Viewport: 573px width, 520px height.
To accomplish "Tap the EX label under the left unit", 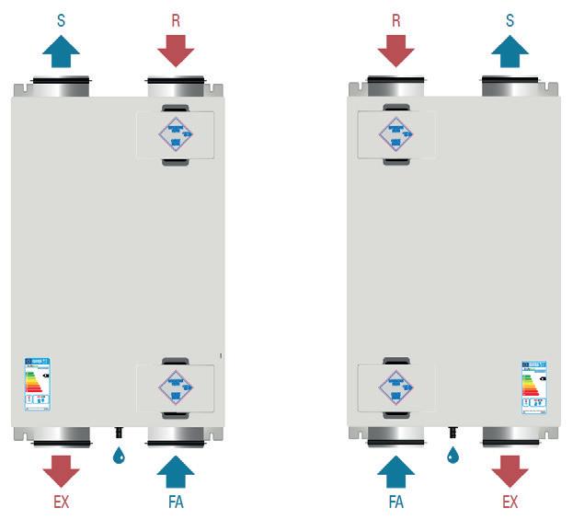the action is [61, 503].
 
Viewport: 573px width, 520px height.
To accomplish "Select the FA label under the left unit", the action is [176, 503].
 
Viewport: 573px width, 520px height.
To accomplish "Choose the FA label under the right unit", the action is [396, 503].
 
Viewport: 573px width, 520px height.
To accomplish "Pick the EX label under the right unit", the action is [510, 503].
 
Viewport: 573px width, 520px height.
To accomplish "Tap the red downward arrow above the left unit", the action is [176, 51].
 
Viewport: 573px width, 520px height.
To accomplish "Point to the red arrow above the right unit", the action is [396, 51].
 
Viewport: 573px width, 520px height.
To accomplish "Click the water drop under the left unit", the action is [119, 455].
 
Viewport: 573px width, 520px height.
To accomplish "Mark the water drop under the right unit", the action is [453, 455].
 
